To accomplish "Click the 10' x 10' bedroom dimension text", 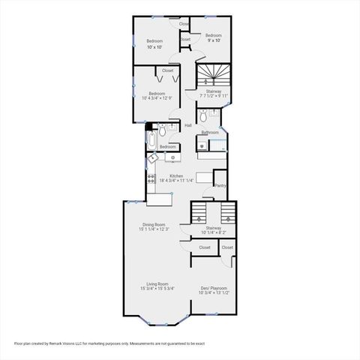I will pyautogui.click(x=154, y=47).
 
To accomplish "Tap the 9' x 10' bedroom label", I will pyautogui.click(x=214, y=40).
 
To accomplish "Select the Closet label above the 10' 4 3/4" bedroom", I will pyautogui.click(x=167, y=70).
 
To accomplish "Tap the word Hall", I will pyautogui.click(x=187, y=125).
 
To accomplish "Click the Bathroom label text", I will pyautogui.click(x=209, y=132).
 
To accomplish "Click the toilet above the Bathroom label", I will pyautogui.click(x=214, y=115).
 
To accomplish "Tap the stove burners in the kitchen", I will pyautogui.click(x=151, y=180).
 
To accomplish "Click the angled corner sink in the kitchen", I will pyautogui.click(x=154, y=157).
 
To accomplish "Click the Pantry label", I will pyautogui.click(x=220, y=185).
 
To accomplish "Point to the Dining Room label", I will pyautogui.click(x=154, y=225).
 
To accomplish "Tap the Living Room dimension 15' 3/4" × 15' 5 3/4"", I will pyautogui.click(x=157, y=289).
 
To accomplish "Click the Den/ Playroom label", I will pyautogui.click(x=214, y=288).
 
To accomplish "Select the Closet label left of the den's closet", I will pyautogui.click(x=205, y=247).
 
